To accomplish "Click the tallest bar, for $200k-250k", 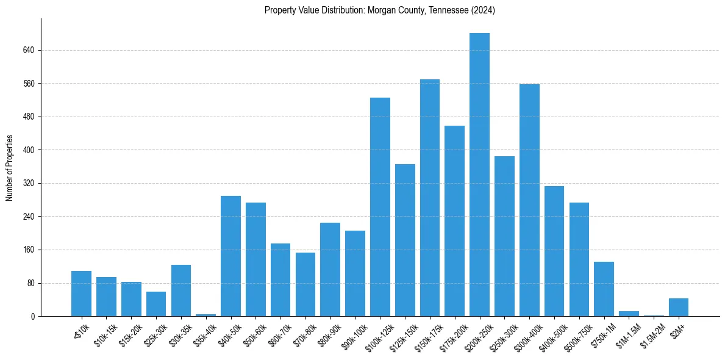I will click(x=479, y=175).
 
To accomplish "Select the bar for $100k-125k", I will click(x=380, y=207).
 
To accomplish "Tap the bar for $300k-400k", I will click(x=529, y=200).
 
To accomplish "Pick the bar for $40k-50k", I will click(x=230, y=256).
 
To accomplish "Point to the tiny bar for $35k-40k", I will click(x=205, y=315).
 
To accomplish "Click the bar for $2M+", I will click(x=679, y=307).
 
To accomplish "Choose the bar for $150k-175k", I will click(x=430, y=198).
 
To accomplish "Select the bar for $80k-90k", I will click(x=330, y=269).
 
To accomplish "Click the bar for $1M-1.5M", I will click(x=629, y=314).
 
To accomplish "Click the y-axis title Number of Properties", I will click(x=9, y=167).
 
